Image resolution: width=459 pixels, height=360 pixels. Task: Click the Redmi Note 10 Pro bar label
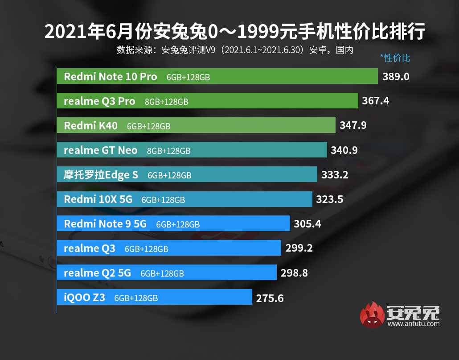click(x=111, y=77)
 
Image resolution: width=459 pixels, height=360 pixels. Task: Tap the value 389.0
click(x=396, y=77)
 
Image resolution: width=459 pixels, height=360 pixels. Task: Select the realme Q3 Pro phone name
click(x=99, y=101)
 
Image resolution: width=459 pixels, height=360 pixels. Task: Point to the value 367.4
click(x=375, y=101)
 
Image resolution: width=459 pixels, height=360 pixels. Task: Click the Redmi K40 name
click(x=91, y=126)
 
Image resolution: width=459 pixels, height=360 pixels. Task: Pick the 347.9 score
click(x=353, y=126)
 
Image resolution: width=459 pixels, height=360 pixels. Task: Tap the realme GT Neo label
click(x=101, y=150)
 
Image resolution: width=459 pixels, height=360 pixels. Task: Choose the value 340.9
click(x=344, y=150)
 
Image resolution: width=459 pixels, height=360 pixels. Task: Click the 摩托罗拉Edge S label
click(x=101, y=175)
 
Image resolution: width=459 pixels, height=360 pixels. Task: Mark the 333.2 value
click(x=335, y=175)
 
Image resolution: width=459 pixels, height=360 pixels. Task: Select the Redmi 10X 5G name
click(x=98, y=199)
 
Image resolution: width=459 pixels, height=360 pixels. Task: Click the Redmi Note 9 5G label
click(x=105, y=224)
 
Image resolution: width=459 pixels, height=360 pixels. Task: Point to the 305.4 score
click(x=307, y=224)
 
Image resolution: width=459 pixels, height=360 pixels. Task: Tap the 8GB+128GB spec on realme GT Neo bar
click(x=168, y=151)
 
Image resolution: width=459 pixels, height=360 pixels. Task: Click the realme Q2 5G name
click(x=98, y=273)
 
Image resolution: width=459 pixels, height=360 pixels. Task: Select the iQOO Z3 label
click(x=85, y=298)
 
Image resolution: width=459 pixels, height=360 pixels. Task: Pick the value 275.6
click(x=270, y=298)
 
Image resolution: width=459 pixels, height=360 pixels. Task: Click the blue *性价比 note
click(x=395, y=58)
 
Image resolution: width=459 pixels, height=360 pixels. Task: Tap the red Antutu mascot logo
click(x=372, y=315)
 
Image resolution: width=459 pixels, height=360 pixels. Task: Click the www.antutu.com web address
click(x=414, y=324)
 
